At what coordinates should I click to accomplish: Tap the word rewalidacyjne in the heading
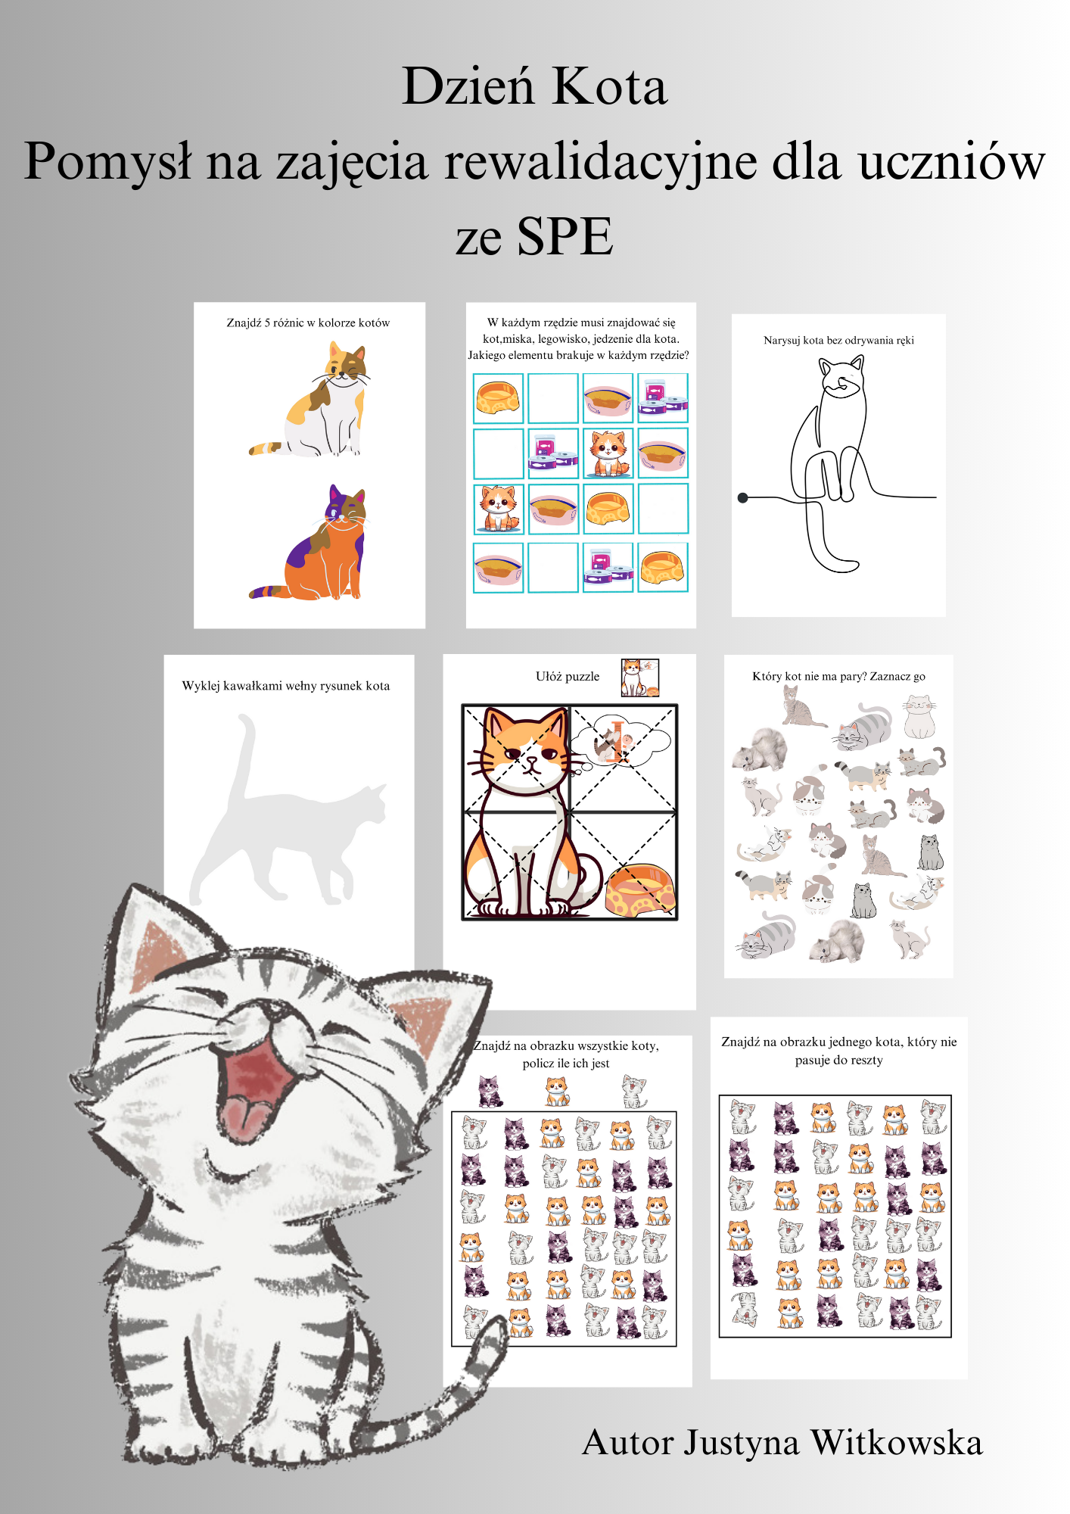click(601, 164)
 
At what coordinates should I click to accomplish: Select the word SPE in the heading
click(565, 237)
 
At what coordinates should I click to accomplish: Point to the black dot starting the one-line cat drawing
click(743, 498)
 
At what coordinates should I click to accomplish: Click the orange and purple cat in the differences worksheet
click(309, 543)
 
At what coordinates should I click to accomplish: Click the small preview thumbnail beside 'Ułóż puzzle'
click(640, 678)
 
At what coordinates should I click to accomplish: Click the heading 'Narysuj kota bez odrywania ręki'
click(838, 341)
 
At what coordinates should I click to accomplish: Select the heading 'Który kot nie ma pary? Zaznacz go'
click(838, 677)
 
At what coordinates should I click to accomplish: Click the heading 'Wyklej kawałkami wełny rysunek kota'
click(286, 686)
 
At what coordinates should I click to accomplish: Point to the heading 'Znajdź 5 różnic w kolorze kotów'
click(308, 323)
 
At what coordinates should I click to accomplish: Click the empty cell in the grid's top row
click(553, 398)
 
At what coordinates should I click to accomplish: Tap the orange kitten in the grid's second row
click(608, 453)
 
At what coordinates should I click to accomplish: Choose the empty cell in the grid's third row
click(663, 509)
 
